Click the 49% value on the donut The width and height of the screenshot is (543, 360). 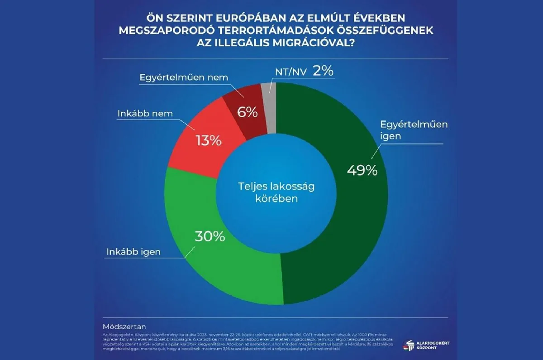(362, 170)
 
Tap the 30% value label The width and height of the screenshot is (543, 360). (210, 236)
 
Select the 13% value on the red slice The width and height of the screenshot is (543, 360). (209, 140)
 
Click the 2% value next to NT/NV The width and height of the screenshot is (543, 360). (323, 72)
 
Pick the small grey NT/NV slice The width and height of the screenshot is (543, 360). (269, 88)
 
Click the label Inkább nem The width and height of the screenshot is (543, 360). (147, 114)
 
